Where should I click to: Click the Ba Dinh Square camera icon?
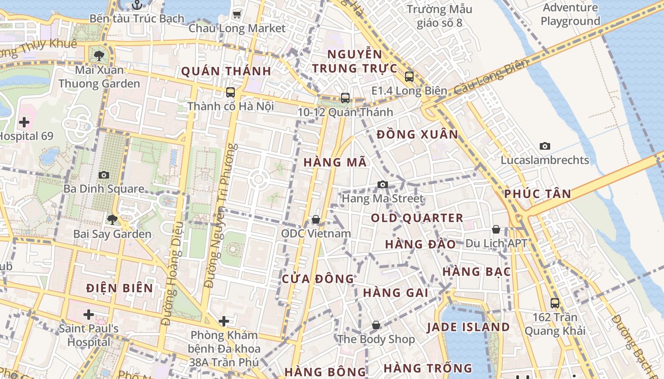pyautogui.click(x=104, y=175)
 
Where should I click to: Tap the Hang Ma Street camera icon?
pyautogui.click(x=383, y=184)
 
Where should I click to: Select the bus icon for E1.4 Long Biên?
pyautogui.click(x=409, y=76)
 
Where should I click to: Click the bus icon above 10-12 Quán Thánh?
pyautogui.click(x=345, y=98)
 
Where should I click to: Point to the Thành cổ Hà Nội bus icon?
pyautogui.click(x=231, y=92)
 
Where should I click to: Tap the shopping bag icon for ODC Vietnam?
pyautogui.click(x=315, y=219)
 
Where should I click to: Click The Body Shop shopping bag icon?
pyautogui.click(x=376, y=325)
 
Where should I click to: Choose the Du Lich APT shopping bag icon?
pyautogui.click(x=496, y=229)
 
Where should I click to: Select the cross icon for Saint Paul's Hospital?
pyautogui.click(x=88, y=314)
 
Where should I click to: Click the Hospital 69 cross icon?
pyautogui.click(x=24, y=122)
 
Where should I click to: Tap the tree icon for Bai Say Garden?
pyautogui.click(x=112, y=219)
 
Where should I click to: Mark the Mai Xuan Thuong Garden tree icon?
pyautogui.click(x=99, y=56)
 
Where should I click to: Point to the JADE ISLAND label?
pyautogui.click(x=468, y=327)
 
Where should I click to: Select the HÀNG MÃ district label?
pyautogui.click(x=335, y=162)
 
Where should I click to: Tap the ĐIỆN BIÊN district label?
pyautogui.click(x=120, y=288)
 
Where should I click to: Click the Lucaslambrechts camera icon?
pyautogui.click(x=544, y=146)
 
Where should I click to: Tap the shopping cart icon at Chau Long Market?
pyautogui.click(x=237, y=14)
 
